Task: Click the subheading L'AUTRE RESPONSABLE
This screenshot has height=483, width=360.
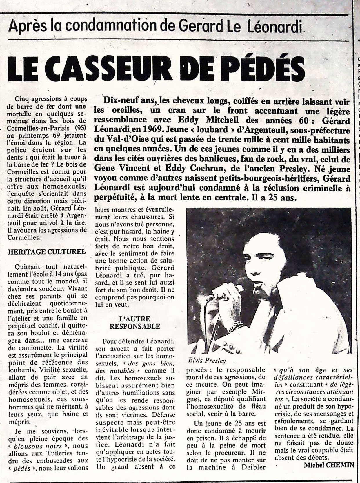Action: point(135,323)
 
